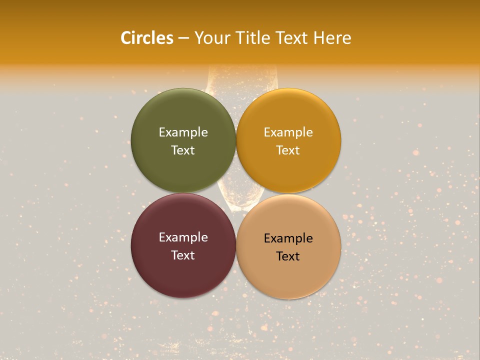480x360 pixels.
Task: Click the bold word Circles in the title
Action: [146, 38]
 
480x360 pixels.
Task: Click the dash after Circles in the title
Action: [183, 38]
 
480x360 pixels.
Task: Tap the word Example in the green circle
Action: [183, 132]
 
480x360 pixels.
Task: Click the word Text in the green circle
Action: [183, 150]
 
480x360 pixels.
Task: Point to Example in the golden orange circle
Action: [288, 132]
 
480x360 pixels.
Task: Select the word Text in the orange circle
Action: [288, 150]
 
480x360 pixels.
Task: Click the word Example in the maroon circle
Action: [183, 237]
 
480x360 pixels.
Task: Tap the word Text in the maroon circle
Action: [183, 255]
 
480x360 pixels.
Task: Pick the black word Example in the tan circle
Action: [288, 238]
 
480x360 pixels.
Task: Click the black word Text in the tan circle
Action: [288, 256]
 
